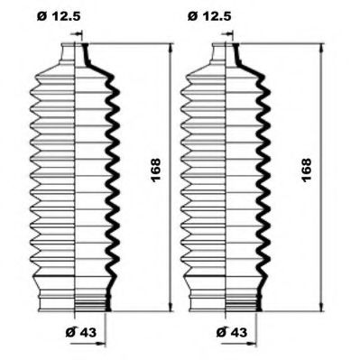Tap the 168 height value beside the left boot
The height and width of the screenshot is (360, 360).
156,170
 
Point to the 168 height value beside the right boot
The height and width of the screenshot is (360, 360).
307,170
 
